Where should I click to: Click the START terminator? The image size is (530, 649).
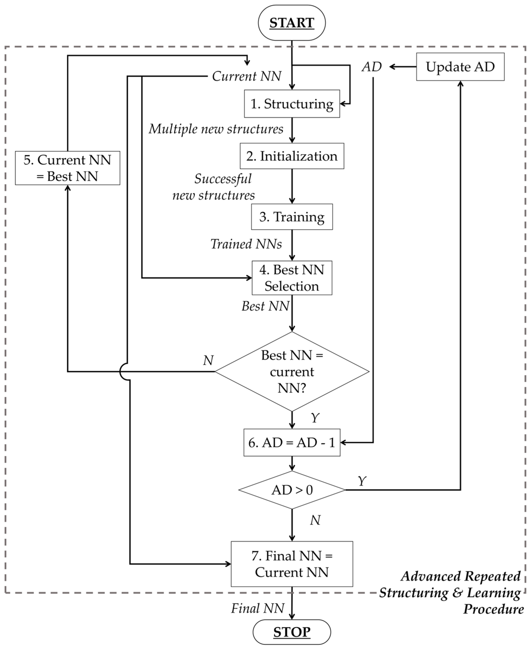point(292,23)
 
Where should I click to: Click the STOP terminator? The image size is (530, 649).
point(292,632)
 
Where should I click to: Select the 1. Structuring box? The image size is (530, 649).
point(292,104)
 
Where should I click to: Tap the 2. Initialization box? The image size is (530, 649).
point(292,156)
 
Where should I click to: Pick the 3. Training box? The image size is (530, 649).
point(292,217)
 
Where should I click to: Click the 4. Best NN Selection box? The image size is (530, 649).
point(292,278)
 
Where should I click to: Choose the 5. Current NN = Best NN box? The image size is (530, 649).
point(68,168)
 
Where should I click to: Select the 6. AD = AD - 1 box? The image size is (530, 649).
point(292,443)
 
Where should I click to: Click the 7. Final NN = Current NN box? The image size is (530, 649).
point(292,564)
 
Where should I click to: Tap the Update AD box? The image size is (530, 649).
point(460,67)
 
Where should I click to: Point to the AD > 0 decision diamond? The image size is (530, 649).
point(292,490)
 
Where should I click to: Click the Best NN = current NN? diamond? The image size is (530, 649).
point(292,371)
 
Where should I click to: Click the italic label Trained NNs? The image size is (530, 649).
point(246,244)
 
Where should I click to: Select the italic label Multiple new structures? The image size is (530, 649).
point(216,129)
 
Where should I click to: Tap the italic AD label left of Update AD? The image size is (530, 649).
point(372,67)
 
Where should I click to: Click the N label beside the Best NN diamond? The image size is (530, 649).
point(208,360)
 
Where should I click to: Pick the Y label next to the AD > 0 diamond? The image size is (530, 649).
point(362,481)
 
